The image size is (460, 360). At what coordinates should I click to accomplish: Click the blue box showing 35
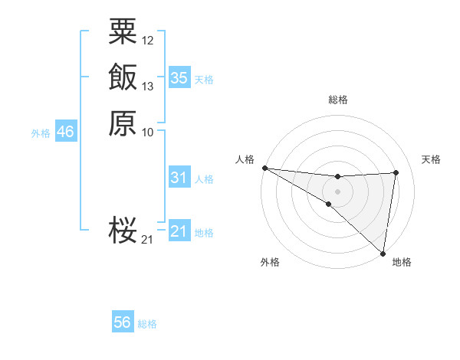[179, 78]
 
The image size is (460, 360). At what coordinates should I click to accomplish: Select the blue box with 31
[179, 178]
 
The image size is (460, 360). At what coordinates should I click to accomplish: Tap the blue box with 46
[65, 133]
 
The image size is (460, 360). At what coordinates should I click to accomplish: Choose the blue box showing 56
[123, 322]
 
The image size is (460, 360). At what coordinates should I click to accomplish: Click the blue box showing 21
[179, 231]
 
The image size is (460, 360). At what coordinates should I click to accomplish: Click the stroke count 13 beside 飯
[148, 87]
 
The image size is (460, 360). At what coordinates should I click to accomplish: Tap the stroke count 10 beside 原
[148, 133]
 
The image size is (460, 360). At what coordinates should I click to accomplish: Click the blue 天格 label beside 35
[204, 80]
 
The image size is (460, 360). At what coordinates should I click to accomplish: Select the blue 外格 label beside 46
[41, 133]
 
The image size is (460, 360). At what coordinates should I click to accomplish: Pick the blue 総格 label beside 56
[147, 324]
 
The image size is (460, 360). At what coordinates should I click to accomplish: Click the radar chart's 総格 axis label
[338, 100]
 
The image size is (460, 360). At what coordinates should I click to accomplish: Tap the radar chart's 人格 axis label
[245, 159]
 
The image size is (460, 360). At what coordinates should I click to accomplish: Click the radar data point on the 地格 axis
[383, 253]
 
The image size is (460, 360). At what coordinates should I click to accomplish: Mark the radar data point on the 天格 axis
[396, 172]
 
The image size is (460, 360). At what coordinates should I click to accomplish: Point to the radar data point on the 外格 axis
[328, 204]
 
